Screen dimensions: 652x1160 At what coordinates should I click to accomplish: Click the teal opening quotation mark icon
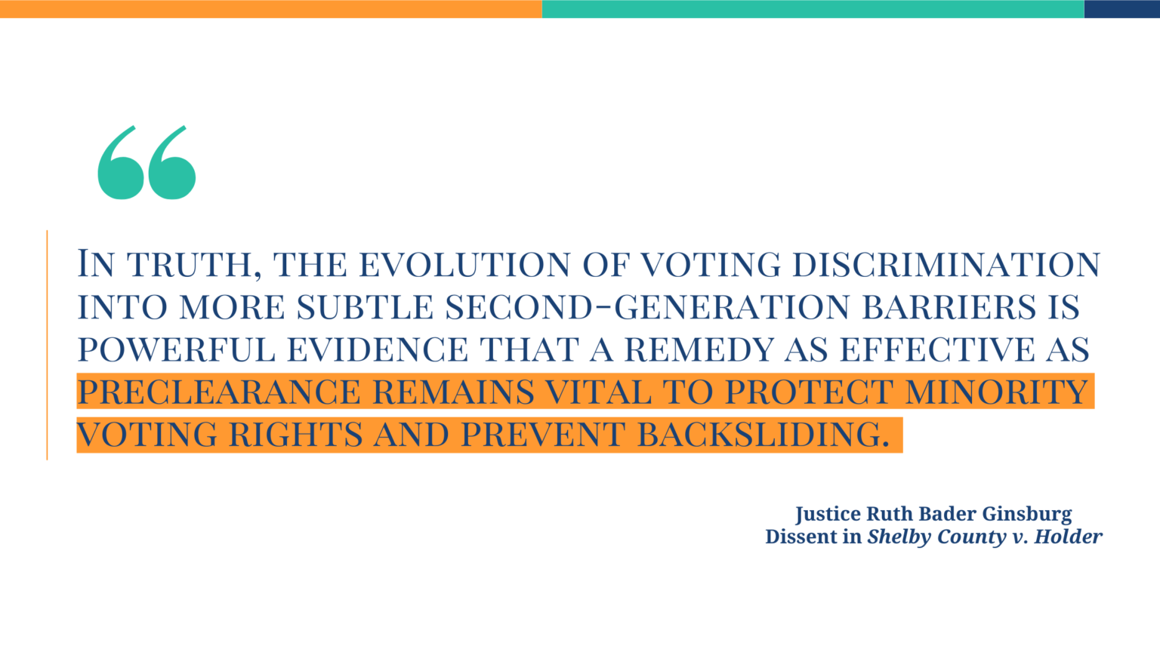coord(147,163)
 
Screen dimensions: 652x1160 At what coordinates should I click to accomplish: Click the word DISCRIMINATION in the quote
coord(946,265)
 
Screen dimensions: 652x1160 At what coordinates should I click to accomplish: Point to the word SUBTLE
coord(365,307)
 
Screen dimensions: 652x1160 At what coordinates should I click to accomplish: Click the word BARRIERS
coord(949,307)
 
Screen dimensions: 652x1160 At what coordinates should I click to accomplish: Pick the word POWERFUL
coord(176,349)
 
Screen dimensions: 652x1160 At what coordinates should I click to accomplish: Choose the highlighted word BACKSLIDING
coord(764,435)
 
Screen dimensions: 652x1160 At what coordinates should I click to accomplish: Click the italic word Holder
coord(1068,537)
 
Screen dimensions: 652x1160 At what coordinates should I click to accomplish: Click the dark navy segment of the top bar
coord(1121,9)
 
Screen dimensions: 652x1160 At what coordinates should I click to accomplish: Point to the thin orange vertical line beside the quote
coord(47,345)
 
